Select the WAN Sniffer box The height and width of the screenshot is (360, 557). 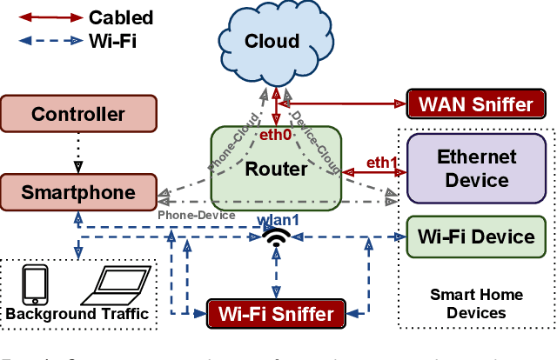point(476,104)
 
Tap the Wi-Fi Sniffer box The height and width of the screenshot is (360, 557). point(275,313)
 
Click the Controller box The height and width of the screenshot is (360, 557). point(78,114)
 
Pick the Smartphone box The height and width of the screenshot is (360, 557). point(78,191)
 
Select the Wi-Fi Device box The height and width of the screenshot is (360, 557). point(476,237)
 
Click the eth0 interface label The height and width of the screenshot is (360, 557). point(276,135)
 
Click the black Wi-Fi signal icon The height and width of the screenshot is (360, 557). point(276,238)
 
